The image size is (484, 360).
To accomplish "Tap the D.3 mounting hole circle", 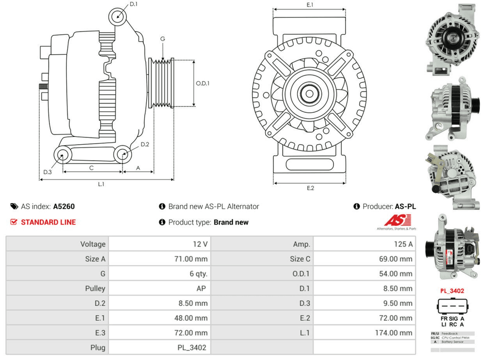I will (x=62, y=155).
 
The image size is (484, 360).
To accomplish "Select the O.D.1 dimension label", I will (x=203, y=83).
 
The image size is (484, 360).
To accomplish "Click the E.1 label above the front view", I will (x=310, y=5).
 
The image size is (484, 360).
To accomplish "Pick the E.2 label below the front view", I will (x=310, y=188).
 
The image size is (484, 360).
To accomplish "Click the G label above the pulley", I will (x=163, y=39).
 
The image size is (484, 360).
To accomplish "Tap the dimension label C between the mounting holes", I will (x=91, y=168).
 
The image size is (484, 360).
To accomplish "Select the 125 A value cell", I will (x=403, y=244).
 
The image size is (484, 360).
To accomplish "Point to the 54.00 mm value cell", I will (x=396, y=274).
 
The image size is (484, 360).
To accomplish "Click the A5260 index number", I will (x=64, y=206).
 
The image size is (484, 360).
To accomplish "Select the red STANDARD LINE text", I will (x=48, y=222).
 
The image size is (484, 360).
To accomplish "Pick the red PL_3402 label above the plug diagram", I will (x=452, y=291).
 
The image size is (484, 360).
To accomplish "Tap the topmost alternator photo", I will (x=451, y=39).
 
